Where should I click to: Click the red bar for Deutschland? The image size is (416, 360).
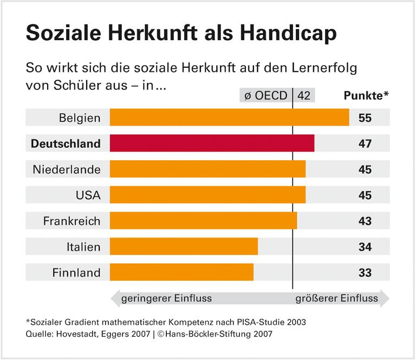[212, 143]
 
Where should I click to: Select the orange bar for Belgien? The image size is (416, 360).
[229, 117]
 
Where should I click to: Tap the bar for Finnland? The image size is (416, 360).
[181, 272]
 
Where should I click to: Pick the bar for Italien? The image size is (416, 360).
[184, 246]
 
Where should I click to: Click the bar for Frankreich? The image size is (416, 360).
[203, 220]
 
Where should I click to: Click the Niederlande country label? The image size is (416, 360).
[67, 169]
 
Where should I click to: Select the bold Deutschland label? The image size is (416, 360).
[66, 143]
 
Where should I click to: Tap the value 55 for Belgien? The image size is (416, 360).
[365, 117]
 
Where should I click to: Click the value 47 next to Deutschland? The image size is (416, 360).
[365, 143]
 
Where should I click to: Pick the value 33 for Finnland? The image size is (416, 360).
[365, 273]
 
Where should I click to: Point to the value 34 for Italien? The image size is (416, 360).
[365, 247]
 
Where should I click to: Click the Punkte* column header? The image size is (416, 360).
[367, 96]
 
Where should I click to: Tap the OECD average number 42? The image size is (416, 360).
[304, 96]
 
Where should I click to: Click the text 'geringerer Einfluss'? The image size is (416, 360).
[166, 298]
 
